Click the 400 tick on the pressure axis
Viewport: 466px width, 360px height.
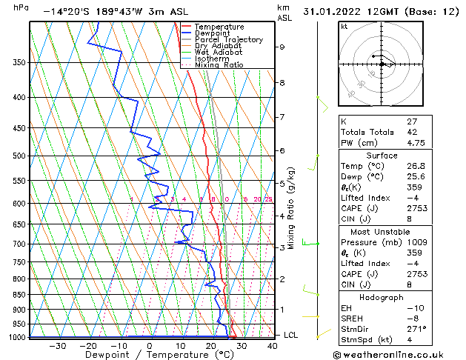coord(21,97)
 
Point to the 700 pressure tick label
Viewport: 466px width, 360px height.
coord(21,244)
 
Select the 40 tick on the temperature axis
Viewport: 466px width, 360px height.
coord(273,345)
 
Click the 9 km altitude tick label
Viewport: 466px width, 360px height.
coord(282,47)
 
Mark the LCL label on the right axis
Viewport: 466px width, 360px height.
coord(291,335)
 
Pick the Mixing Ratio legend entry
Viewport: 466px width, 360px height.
coord(219,65)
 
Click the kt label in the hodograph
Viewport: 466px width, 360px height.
coord(344,27)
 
